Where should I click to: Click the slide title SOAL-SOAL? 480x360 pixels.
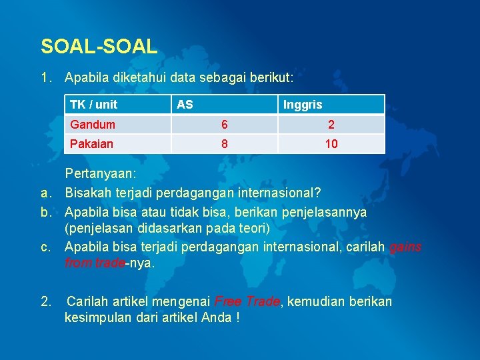[x=99, y=46]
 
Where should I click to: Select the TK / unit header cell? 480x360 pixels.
[x=93, y=105]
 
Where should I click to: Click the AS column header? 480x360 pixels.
[x=185, y=105]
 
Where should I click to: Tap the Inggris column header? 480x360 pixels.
[x=302, y=105]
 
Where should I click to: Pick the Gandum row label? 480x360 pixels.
[x=93, y=125]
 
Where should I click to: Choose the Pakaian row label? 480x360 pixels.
[x=92, y=144]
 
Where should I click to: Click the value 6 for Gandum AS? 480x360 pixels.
[x=225, y=125]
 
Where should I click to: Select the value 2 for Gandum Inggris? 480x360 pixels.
[x=331, y=125]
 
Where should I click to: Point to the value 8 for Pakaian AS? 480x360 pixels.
[x=225, y=144]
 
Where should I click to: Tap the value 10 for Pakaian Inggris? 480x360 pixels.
[x=331, y=144]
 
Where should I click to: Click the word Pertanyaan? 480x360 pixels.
[x=100, y=174]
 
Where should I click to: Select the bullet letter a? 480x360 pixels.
[x=46, y=193]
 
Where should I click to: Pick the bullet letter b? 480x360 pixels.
[x=46, y=212]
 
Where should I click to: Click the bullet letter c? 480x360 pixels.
[x=46, y=247]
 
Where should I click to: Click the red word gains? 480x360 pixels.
[x=405, y=247]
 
